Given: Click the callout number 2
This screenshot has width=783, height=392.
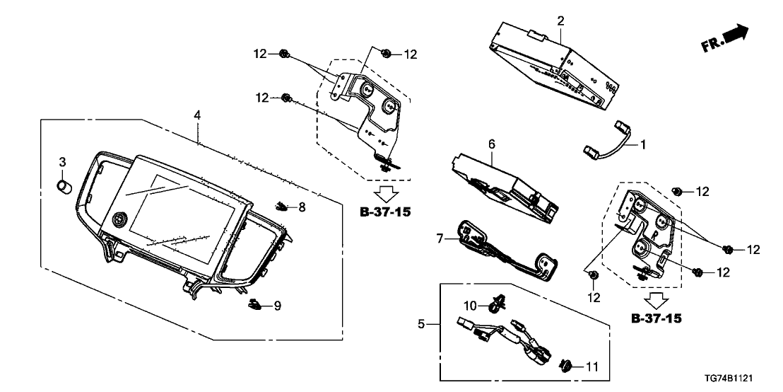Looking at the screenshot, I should pyautogui.click(x=560, y=21).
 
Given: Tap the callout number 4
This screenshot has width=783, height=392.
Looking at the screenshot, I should pyautogui.click(x=198, y=114).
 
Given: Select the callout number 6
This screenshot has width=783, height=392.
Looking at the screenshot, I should pyautogui.click(x=492, y=144).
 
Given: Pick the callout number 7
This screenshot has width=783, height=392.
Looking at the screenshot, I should pyautogui.click(x=439, y=239).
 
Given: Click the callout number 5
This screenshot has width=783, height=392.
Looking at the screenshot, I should pyautogui.click(x=422, y=325).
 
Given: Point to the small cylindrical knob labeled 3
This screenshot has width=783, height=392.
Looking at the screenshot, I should pyautogui.click(x=64, y=186).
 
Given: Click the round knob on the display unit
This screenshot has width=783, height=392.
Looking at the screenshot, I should pyautogui.click(x=119, y=221).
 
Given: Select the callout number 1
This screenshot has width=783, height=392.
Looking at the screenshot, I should pyautogui.click(x=644, y=144).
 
